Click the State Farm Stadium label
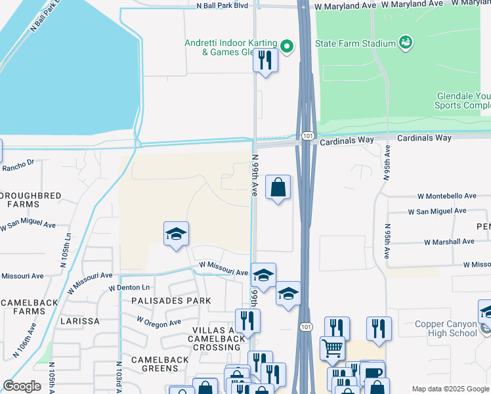pyautogui.click(x=355, y=44)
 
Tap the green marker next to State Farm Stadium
pyautogui.click(x=406, y=43)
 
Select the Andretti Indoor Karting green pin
pyautogui.click(x=286, y=46)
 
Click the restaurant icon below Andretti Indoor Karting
pyautogui.click(x=265, y=60)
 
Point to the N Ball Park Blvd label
pyautogui.click(x=223, y=5)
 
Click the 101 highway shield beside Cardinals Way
pyautogui.click(x=308, y=136)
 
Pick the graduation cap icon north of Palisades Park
pyautogui.click(x=176, y=234)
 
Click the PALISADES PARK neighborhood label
pyautogui.click(x=171, y=301)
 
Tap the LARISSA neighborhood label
pyautogui.click(x=79, y=321)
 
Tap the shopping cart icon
pyautogui.click(x=332, y=348)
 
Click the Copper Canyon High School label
pyautogui.click(x=446, y=328)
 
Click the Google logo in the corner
pyautogui.click(x=22, y=386)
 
